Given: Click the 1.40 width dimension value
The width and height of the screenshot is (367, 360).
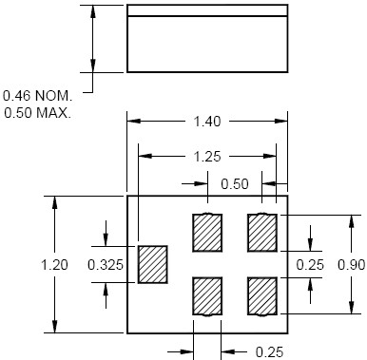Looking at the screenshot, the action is [207, 122].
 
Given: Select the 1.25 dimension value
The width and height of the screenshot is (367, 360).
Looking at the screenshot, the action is [207, 157].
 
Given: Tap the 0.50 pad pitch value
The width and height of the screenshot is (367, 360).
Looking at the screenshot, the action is [235, 184].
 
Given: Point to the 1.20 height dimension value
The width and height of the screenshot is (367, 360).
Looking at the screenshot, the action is [54, 265].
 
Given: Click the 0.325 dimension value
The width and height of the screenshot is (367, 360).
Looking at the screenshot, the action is [106, 265].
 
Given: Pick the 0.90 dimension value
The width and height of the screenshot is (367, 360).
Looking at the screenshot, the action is [351, 265].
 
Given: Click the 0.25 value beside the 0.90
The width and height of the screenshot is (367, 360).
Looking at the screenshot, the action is [310, 265].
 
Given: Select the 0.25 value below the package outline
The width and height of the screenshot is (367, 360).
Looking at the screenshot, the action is [269, 352].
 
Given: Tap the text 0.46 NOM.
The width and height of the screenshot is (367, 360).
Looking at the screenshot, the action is [37, 96].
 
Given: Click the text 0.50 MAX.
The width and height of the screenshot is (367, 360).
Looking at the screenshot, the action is [37, 113].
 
